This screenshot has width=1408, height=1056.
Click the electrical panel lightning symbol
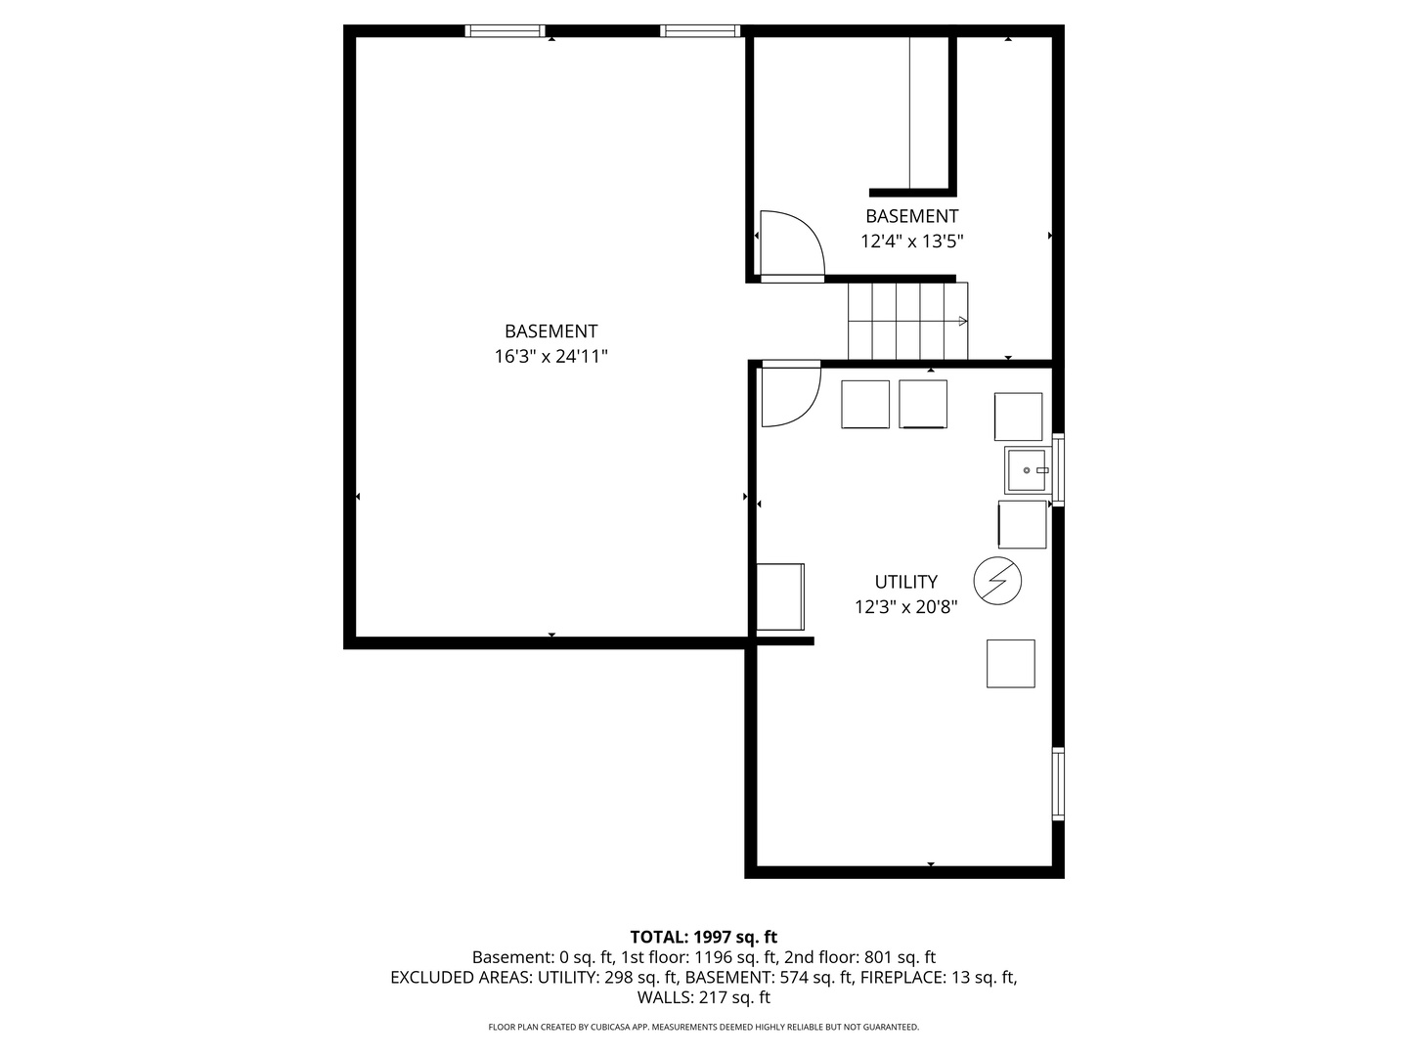996,581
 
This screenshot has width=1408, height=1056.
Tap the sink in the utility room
1027,470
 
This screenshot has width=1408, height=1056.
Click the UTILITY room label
905,582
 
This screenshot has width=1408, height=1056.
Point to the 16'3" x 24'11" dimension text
550,357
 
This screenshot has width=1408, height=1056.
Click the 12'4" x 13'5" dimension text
911,242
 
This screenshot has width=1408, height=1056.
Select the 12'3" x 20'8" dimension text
905,606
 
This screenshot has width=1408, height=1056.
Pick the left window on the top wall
505,30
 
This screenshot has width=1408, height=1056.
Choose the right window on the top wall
700,30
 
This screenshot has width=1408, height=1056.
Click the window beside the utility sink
1058,470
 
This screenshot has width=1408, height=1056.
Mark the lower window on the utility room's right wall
1058,783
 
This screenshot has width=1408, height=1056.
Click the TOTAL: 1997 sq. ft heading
704,937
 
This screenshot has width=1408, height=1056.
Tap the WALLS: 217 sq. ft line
704,997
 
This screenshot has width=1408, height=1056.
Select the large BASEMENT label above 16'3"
550,330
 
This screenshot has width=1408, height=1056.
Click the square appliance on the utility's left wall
780,596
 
